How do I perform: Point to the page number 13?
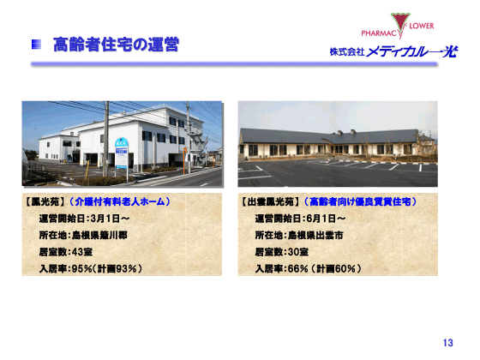click(447, 343)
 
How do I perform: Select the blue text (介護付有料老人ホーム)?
click(120, 202)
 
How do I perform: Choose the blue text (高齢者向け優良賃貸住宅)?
click(361, 202)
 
